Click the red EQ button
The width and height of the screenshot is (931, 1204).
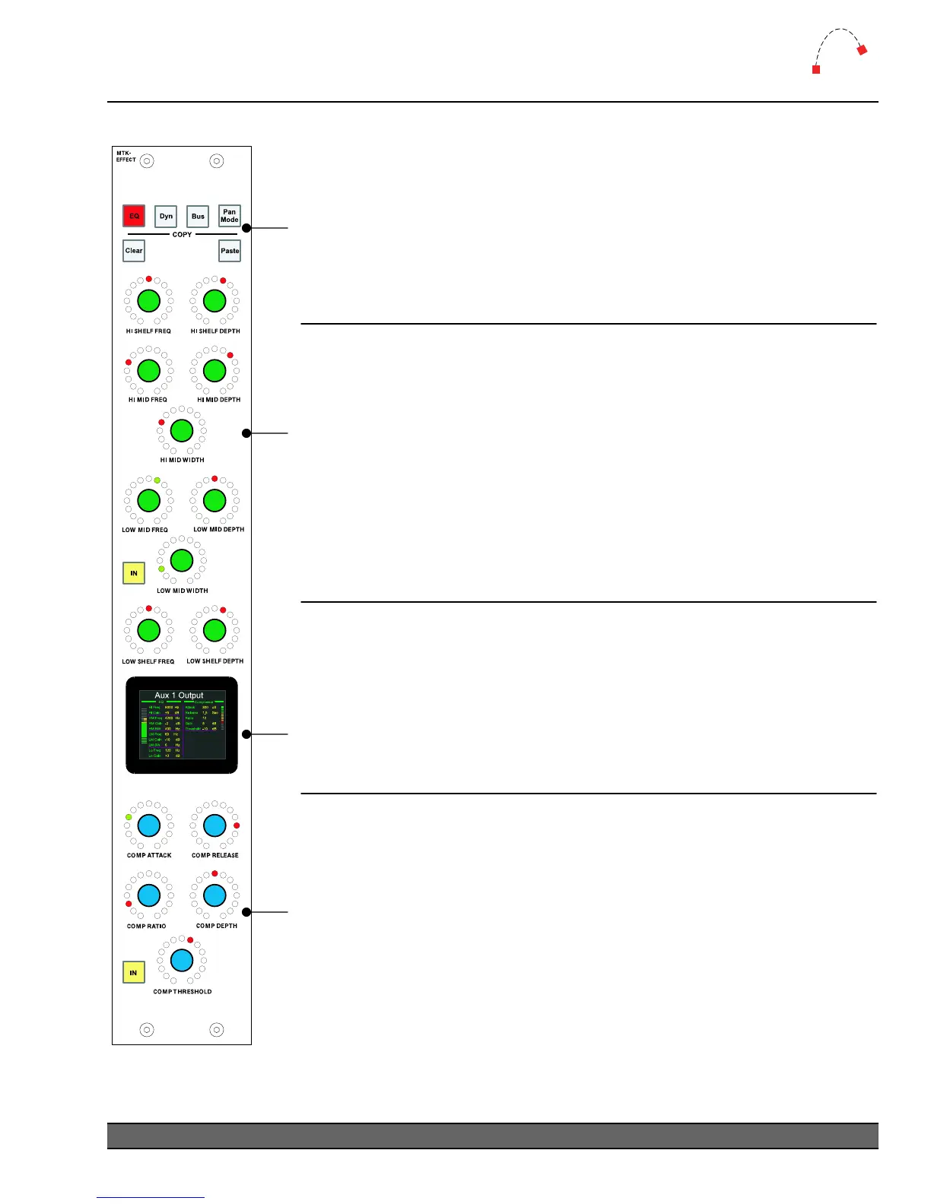(x=134, y=216)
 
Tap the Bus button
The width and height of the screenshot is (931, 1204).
(x=198, y=216)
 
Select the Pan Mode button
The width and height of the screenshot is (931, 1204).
(x=230, y=216)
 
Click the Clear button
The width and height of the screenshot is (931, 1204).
(x=134, y=251)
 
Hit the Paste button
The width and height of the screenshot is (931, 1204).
(x=230, y=251)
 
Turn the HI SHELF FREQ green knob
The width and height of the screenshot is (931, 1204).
(x=148, y=301)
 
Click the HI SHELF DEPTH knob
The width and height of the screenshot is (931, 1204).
(x=214, y=301)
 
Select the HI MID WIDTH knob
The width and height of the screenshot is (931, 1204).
(x=182, y=431)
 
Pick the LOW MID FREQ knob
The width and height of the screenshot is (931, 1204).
(x=148, y=501)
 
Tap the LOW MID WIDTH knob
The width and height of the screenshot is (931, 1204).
(x=182, y=560)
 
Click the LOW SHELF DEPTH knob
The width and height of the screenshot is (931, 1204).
(x=214, y=630)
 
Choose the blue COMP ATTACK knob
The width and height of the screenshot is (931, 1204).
(x=148, y=825)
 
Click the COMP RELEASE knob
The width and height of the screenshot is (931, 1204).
(x=214, y=825)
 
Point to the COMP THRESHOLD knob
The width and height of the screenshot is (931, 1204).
(x=182, y=960)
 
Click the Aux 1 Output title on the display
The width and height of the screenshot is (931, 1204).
(x=179, y=695)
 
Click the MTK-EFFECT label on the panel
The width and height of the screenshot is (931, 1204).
(x=126, y=157)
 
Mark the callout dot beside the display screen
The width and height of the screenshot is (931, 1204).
(x=246, y=734)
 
